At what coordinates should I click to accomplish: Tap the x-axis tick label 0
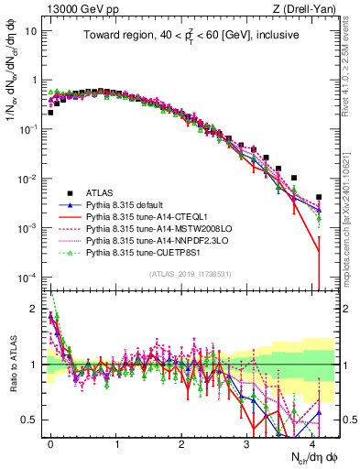click(x=50, y=442)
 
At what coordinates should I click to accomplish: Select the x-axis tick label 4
click(x=313, y=442)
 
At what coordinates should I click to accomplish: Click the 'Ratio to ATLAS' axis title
click(x=12, y=364)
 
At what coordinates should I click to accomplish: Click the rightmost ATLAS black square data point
click(x=318, y=197)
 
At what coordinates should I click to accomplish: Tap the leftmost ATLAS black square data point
click(x=50, y=113)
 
